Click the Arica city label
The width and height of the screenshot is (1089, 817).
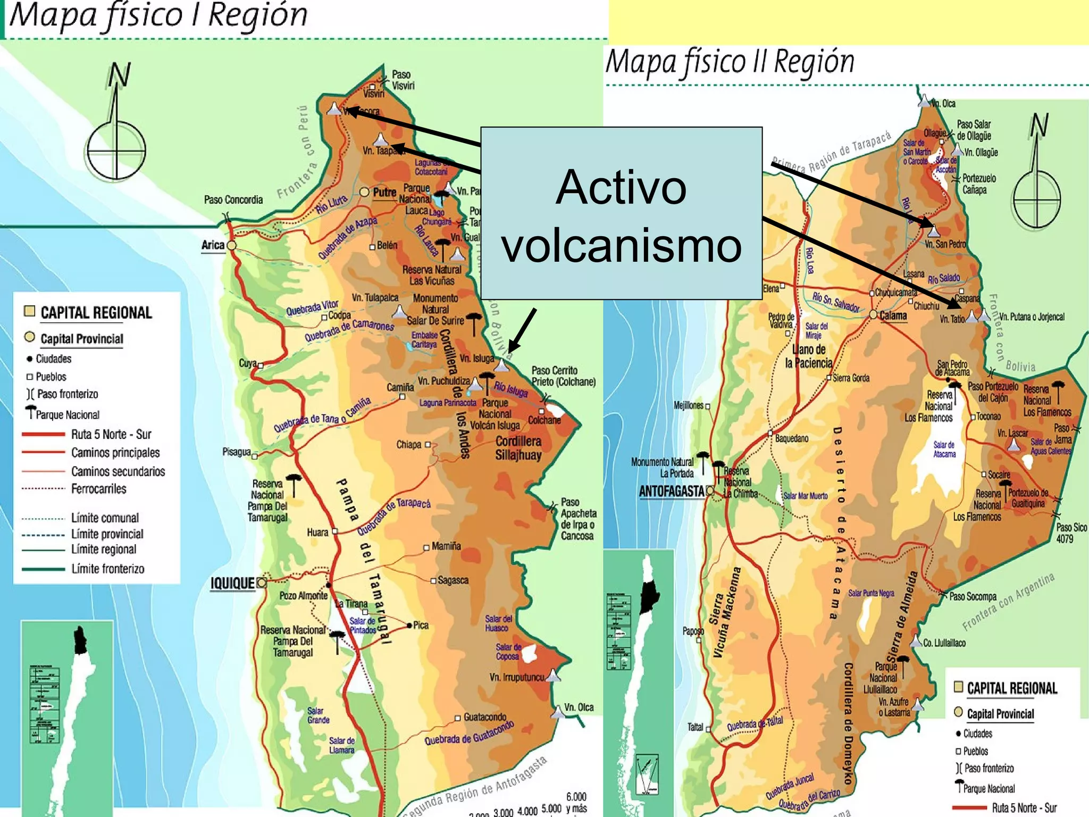coord(213,245)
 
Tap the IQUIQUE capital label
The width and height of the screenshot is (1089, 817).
coord(232,583)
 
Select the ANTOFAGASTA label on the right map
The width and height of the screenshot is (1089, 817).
coord(671,491)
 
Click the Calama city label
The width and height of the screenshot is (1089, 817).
coord(893,316)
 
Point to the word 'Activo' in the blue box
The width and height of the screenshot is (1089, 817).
coord(621,187)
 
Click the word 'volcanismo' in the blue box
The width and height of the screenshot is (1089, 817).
coord(621,246)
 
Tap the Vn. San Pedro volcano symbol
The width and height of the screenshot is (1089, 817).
coord(933,231)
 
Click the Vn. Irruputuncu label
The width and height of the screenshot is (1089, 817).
coord(516,678)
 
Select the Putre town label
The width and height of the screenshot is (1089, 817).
coord(384,193)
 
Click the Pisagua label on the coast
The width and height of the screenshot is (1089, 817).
coord(236,452)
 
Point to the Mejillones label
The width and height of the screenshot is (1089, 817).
coord(688,405)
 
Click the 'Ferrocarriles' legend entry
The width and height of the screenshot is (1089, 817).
coord(99,489)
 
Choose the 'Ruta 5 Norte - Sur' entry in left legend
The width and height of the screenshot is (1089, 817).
coord(111,435)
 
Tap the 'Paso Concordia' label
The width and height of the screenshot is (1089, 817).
coord(233,200)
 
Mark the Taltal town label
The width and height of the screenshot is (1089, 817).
coord(695,727)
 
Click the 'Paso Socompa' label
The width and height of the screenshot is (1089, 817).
coord(973,597)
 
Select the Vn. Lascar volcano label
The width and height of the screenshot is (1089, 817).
coord(1012,433)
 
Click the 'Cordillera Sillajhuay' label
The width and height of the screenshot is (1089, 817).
coord(518,448)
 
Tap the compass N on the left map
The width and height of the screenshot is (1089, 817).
coord(119,76)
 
